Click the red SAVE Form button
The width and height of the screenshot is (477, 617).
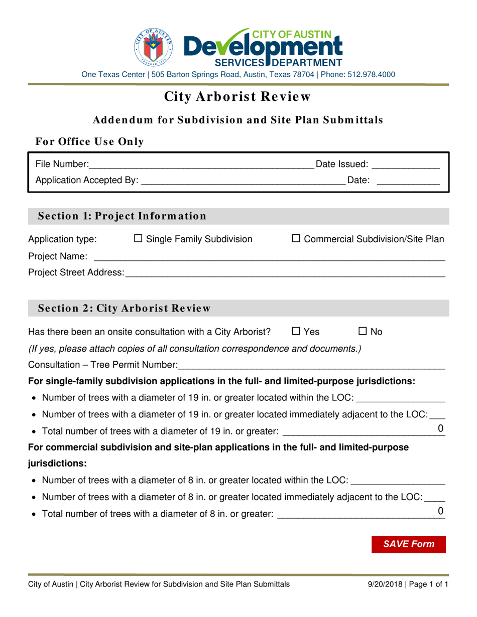pyautogui.click(x=408, y=544)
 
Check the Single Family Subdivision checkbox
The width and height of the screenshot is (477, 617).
pyautogui.click(x=139, y=240)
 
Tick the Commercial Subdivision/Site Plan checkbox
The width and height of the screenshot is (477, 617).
pyautogui.click(x=296, y=240)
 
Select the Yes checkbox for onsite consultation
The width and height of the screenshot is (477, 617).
pyautogui.click(x=296, y=332)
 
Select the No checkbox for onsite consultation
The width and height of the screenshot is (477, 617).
pyautogui.click(x=363, y=332)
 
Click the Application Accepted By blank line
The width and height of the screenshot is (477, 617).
pyautogui.click(x=243, y=180)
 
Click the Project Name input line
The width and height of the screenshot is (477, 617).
pyautogui.click(x=269, y=257)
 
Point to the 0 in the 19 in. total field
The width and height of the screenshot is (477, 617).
pyautogui.click(x=440, y=428)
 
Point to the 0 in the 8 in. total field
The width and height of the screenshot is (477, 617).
pyautogui.click(x=440, y=511)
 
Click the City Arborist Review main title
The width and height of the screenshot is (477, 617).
pyautogui.click(x=238, y=96)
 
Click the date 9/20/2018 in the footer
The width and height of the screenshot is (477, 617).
pyautogui.click(x=385, y=584)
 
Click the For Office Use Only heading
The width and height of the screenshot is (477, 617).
pyautogui.click(x=89, y=142)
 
